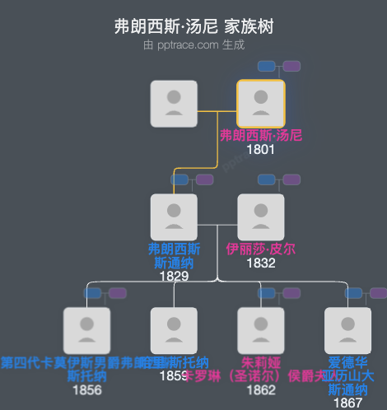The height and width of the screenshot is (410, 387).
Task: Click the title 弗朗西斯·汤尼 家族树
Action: click(193, 27)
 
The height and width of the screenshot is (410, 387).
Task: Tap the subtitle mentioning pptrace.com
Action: click(193, 45)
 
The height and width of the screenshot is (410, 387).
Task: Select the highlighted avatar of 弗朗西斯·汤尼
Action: click(261, 104)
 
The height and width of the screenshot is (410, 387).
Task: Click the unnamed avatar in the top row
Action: click(174, 104)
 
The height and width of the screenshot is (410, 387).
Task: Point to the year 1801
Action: click(261, 150)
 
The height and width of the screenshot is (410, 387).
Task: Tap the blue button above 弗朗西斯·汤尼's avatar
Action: click(267, 66)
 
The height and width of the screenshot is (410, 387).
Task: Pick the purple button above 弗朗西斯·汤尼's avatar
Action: click(291, 66)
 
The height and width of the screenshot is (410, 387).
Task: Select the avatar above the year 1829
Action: click(174, 217)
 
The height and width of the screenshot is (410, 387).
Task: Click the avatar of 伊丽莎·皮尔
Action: click(261, 217)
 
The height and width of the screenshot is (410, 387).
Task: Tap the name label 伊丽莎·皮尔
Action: click(261, 249)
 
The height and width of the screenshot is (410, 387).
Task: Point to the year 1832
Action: click(261, 263)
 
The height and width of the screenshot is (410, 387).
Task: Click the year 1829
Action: click(174, 276)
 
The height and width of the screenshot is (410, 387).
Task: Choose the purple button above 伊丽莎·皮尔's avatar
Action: click(291, 179)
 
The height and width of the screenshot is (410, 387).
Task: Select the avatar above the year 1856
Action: click(86, 330)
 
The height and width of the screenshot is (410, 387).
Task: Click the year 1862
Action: click(261, 389)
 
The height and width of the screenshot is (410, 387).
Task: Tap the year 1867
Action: click(348, 403)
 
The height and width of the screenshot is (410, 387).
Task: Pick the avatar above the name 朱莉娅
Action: click(261, 330)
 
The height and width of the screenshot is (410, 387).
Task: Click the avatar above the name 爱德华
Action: click(348, 330)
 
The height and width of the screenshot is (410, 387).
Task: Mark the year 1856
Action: click(86, 389)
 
